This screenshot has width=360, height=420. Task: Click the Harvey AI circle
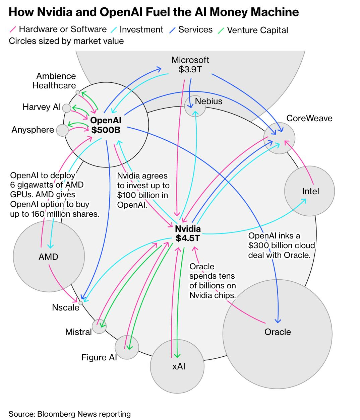[67, 108]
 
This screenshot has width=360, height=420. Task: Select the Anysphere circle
[62, 130]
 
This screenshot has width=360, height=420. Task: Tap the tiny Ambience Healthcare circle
[77, 92]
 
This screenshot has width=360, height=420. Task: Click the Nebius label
[208, 101]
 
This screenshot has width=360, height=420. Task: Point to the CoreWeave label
[309, 118]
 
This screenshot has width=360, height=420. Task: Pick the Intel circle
[309, 191]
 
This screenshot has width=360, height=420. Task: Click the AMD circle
[49, 257]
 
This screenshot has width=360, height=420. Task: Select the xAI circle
[177, 366]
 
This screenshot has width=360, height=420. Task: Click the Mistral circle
[99, 326]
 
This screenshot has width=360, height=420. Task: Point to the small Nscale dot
[80, 303]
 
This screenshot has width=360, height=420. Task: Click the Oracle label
[278, 332]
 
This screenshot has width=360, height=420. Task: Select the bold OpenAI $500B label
[106, 125]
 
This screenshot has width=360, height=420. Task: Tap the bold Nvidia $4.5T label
[188, 233]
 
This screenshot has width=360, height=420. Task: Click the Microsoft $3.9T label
[190, 65]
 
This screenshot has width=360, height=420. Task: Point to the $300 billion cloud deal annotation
[282, 245]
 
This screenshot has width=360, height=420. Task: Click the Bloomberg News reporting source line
[69, 414]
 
